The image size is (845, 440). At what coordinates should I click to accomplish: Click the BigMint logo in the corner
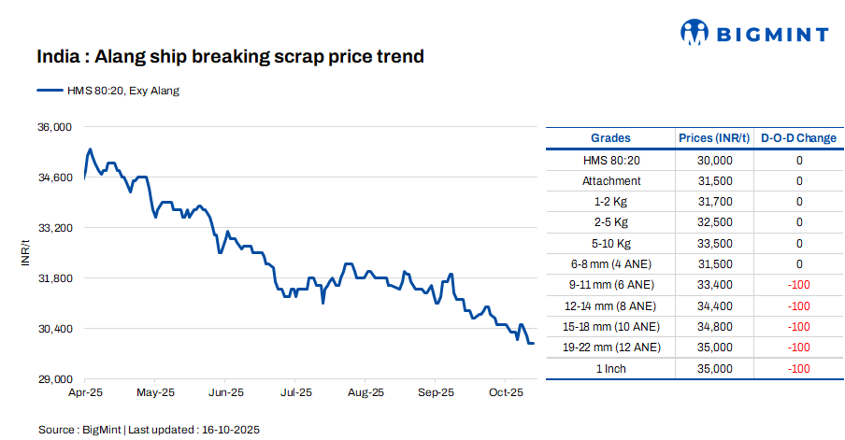tap(753, 34)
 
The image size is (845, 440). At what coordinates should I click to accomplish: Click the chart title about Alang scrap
tap(230, 56)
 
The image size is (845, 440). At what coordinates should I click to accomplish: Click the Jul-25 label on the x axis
tap(295, 392)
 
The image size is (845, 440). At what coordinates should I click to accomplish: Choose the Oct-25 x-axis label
tap(506, 392)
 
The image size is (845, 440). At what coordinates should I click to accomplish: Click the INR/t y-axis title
tap(26, 253)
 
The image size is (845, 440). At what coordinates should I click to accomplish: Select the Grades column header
tap(611, 138)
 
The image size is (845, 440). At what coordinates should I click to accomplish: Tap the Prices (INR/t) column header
tap(714, 138)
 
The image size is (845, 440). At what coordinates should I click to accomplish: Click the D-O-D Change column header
tap(799, 138)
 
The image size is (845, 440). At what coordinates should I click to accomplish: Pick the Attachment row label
tap(611, 181)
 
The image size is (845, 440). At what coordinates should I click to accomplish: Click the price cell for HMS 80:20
tap(715, 161)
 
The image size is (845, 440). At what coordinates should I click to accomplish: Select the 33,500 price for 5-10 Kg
tap(715, 243)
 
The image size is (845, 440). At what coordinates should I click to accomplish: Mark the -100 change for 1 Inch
tap(798, 368)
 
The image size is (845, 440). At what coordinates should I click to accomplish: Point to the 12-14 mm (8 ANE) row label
tap(611, 305)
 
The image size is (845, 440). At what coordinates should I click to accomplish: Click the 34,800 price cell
tap(715, 326)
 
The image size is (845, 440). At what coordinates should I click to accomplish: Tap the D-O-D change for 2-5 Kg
tap(799, 222)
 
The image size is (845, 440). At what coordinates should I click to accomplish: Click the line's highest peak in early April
tap(90, 149)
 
